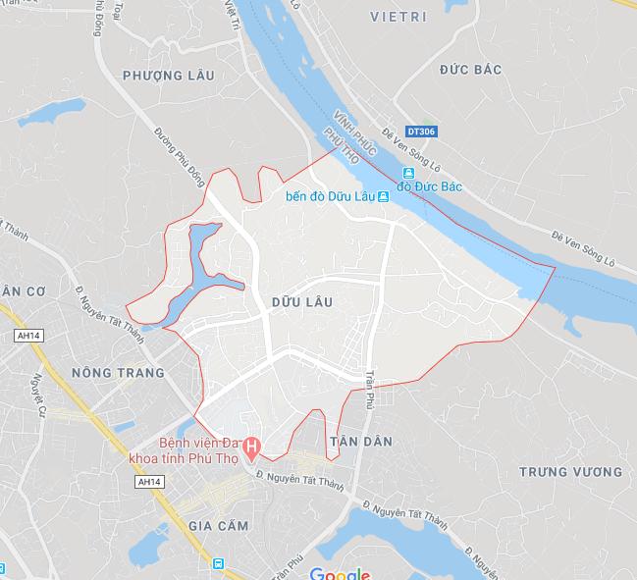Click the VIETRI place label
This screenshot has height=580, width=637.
pos(399,18)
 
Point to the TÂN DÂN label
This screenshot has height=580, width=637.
pos(361,442)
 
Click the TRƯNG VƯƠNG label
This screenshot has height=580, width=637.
pos(570,472)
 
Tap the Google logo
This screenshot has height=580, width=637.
pos(340,573)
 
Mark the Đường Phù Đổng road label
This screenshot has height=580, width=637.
pos(179,157)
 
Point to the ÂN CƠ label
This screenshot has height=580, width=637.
pos(22,290)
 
